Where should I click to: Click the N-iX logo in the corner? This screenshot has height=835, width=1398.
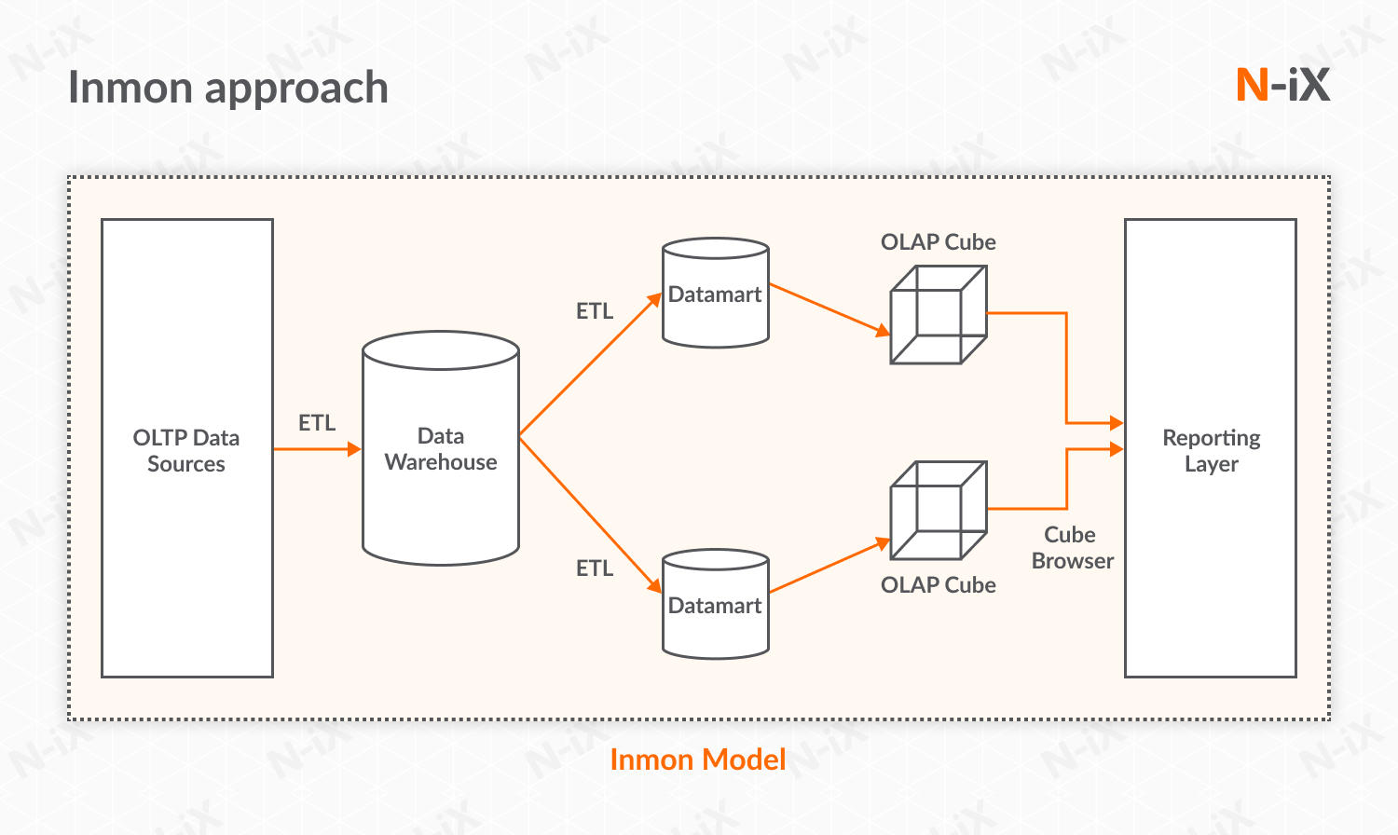tap(1282, 85)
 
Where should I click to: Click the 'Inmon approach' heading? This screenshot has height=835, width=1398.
tap(228, 89)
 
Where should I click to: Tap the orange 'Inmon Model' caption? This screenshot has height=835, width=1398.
tap(697, 760)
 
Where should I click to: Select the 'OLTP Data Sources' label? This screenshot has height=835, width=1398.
tap(186, 451)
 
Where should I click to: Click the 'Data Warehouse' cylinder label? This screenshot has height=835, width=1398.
tap(441, 449)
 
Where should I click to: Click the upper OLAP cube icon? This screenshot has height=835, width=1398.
tap(939, 315)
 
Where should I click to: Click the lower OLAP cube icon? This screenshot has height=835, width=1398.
tap(939, 510)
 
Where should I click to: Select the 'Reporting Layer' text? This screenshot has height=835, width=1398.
tap(1211, 451)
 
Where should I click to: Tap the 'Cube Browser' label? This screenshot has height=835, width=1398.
tap(1072, 548)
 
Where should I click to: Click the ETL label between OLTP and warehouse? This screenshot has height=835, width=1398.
tap(317, 423)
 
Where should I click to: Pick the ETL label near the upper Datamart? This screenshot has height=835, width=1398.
tap(595, 311)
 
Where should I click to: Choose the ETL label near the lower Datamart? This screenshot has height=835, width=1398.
tap(595, 568)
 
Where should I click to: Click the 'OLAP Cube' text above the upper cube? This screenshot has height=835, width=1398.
tap(939, 242)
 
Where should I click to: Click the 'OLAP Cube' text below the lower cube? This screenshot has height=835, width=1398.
tap(939, 585)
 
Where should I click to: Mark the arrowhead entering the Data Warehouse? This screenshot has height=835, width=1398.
tap(354, 449)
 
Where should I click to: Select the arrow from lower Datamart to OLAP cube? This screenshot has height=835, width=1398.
tap(828, 567)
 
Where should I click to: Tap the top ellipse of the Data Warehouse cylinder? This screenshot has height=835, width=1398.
tap(441, 350)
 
